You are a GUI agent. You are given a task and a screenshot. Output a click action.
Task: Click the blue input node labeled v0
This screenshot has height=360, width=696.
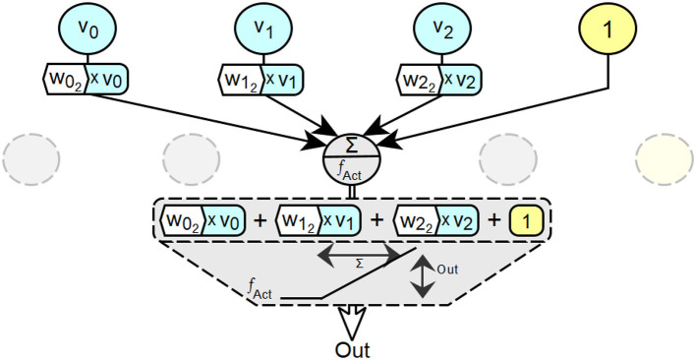coord(87,28)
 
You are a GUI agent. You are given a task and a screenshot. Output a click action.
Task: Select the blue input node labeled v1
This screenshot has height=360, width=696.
coord(263,28)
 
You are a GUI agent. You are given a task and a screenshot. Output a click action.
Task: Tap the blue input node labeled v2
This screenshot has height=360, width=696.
coord(441,28)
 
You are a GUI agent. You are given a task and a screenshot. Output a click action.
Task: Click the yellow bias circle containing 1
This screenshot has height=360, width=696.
coord(608,28)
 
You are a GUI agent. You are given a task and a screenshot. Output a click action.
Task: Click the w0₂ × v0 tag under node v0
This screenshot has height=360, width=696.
coord(87,79)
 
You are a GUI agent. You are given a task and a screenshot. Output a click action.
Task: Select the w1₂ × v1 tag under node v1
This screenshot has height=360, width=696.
coord(261,79)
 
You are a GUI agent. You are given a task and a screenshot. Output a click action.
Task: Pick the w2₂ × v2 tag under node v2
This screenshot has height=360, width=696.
coord(438,79)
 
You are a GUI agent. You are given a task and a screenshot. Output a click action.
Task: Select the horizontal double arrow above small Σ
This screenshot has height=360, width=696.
coord(359,255)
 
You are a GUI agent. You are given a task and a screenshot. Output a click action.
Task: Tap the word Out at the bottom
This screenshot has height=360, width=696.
coord(353,350)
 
